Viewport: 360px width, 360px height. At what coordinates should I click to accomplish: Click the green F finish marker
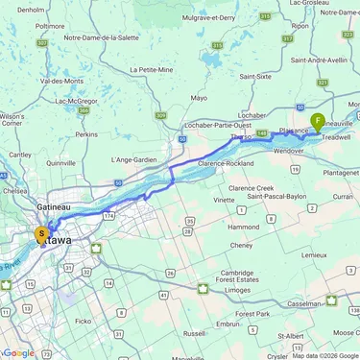318,121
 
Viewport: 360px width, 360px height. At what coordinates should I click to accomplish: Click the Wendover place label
289,151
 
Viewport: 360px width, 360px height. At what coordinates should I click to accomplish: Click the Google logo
19,352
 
